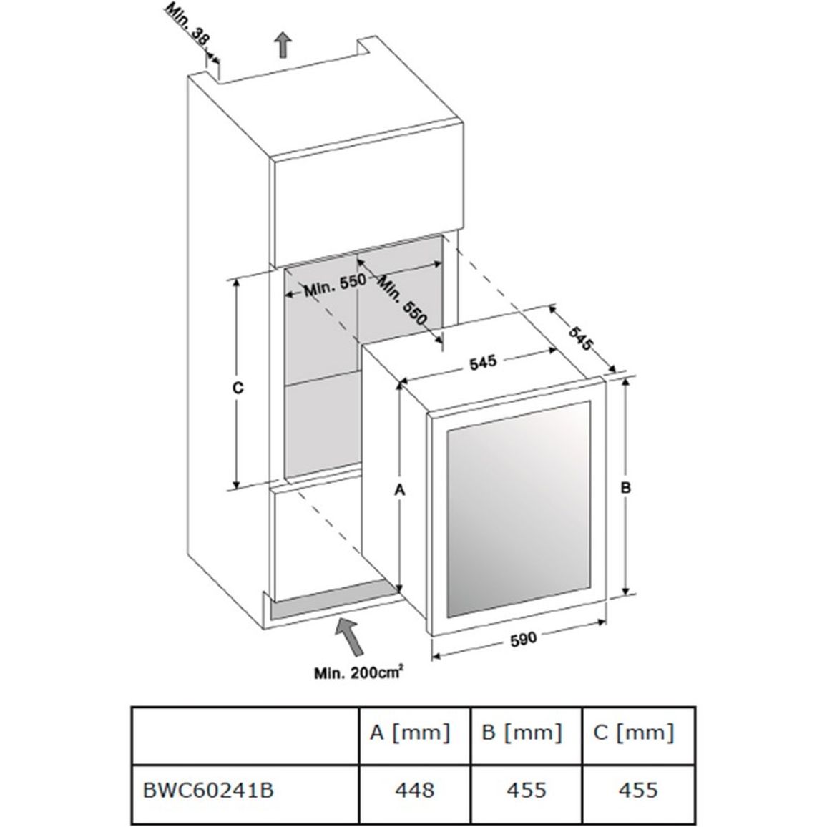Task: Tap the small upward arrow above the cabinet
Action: coord(284,46)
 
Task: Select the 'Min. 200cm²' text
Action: coord(359,672)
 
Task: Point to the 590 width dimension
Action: coord(523,639)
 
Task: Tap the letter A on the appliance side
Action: coord(400,491)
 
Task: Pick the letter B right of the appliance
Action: coord(625,488)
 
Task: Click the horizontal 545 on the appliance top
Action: coord(483,363)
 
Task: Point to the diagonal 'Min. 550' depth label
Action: coord(402,300)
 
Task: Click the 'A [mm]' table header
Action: coord(411,734)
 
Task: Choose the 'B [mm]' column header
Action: coord(522,734)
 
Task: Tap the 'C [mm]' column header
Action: coord(634,734)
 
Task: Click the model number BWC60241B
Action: coord(208,791)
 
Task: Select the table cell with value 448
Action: coord(415,790)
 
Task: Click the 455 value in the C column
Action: coord(638,790)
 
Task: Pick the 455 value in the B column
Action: coord(527,790)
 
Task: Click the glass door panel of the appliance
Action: coord(519,509)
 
